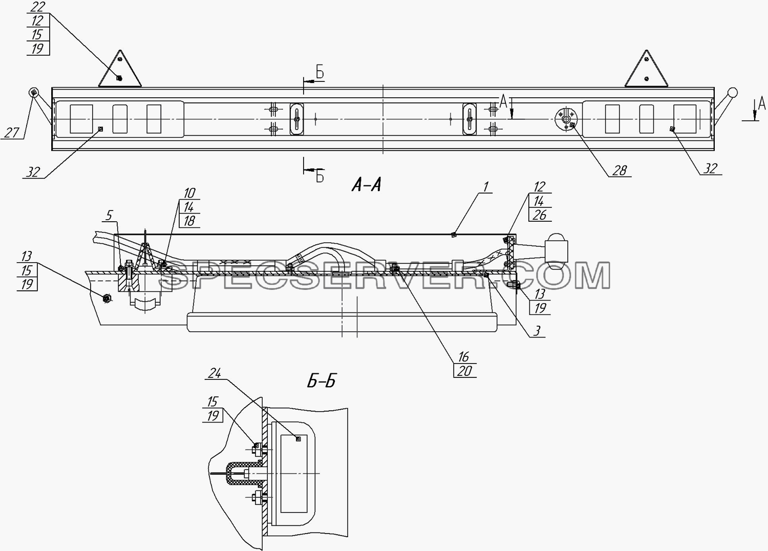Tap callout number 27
tap(11, 133)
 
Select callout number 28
tap(619, 171)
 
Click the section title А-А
tap(366, 185)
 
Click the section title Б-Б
tap(321, 382)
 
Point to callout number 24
tap(215, 373)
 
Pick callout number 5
tap(109, 216)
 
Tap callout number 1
tap(486, 187)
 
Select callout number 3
tap(537, 331)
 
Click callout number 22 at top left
tap(37, 7)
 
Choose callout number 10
tap(189, 193)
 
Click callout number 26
tap(539, 215)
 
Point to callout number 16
tap(463, 357)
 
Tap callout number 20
tap(464, 371)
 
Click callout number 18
tap(189, 221)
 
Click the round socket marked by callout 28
tap(566, 119)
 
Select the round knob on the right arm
tap(732, 93)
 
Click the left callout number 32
tap(33, 172)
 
